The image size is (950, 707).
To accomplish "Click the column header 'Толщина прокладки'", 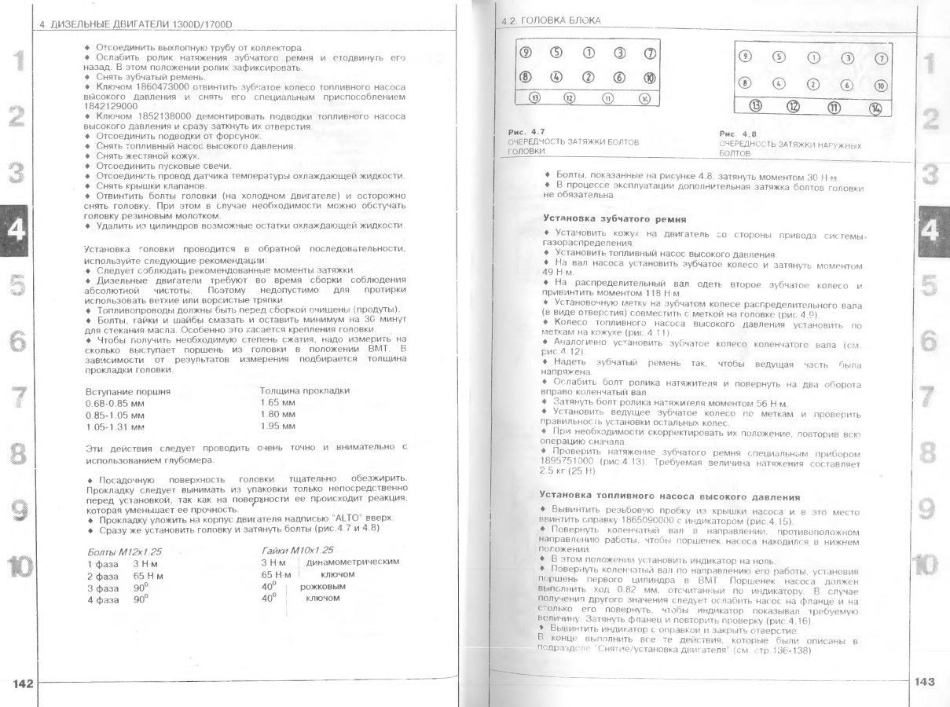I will pos(304,390).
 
